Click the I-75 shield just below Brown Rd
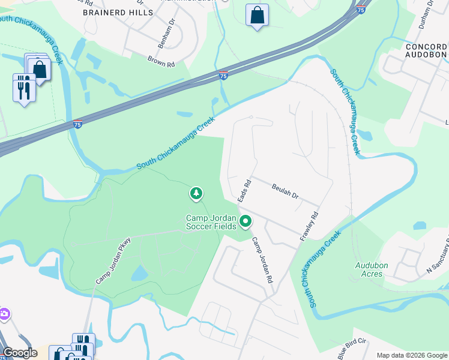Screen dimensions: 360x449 223,75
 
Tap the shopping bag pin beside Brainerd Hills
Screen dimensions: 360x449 257,16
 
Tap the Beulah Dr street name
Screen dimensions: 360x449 285,191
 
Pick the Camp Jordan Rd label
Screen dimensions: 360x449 262,260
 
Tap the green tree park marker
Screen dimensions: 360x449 196,194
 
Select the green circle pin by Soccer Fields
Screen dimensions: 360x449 245,222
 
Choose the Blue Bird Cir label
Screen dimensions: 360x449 351,349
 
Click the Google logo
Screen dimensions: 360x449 20,353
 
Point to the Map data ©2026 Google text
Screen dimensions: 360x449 411,355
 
